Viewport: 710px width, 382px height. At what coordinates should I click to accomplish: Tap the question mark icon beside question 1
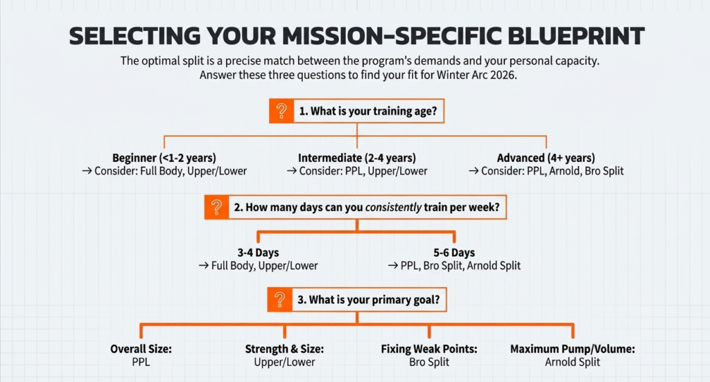tap(281, 111)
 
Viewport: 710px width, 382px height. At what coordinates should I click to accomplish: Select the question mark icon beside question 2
tap(217, 206)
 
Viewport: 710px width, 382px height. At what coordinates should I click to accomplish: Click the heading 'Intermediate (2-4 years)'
tap(357, 158)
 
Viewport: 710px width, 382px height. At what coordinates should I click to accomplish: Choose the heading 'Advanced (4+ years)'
tap(546, 158)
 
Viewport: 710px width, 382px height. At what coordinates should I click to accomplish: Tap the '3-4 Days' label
tap(259, 253)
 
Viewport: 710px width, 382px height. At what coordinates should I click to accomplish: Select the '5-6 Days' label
tap(453, 253)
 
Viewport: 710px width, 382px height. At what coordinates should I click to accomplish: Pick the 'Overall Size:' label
tap(141, 349)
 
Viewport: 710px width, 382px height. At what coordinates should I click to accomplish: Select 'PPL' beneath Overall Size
tap(141, 362)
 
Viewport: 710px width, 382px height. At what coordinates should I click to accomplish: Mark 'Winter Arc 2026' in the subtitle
tap(477, 75)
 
